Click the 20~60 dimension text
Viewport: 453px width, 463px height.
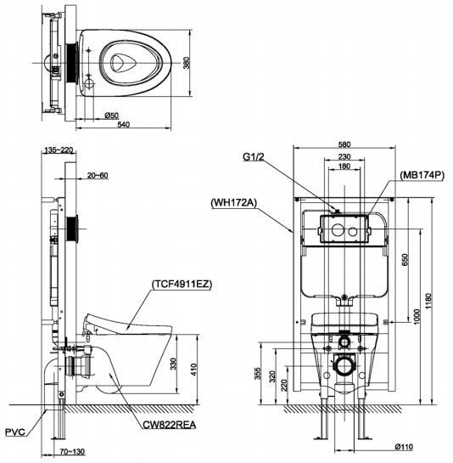pyautogui.click(x=98, y=175)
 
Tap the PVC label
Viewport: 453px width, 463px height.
pyautogui.click(x=14, y=432)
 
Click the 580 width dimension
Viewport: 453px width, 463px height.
pyautogui.click(x=344, y=145)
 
